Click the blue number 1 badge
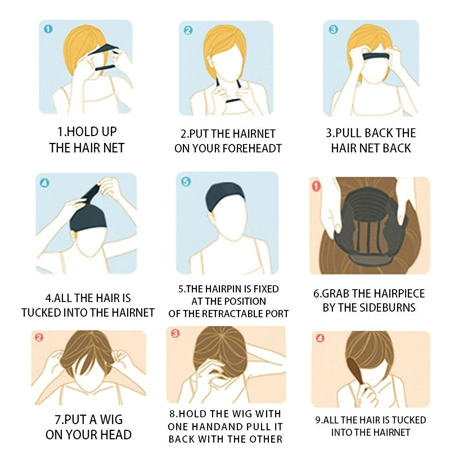(x=48, y=29)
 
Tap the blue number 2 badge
(x=188, y=30)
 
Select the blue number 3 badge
(x=333, y=29)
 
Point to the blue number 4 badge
(x=44, y=183)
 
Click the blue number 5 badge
(x=186, y=182)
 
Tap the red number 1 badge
(x=316, y=186)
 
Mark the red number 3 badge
(x=175, y=334)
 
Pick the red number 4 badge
(x=320, y=339)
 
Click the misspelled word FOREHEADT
(x=252, y=148)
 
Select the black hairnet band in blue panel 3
(x=376, y=56)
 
